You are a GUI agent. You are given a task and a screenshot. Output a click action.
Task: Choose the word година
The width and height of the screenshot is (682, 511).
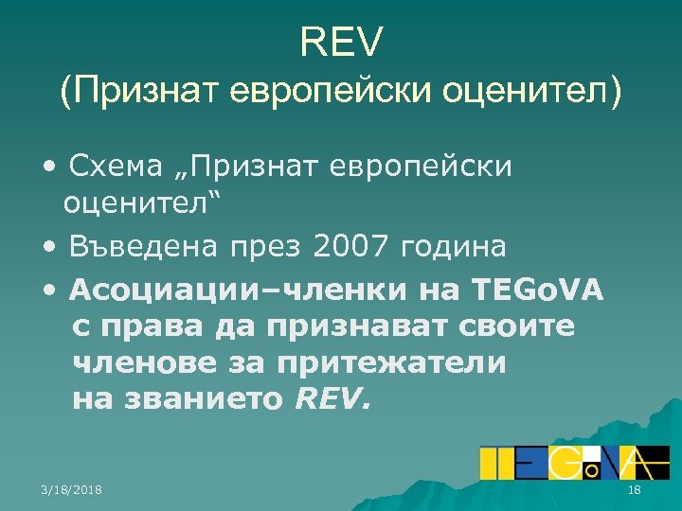(x=454, y=247)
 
